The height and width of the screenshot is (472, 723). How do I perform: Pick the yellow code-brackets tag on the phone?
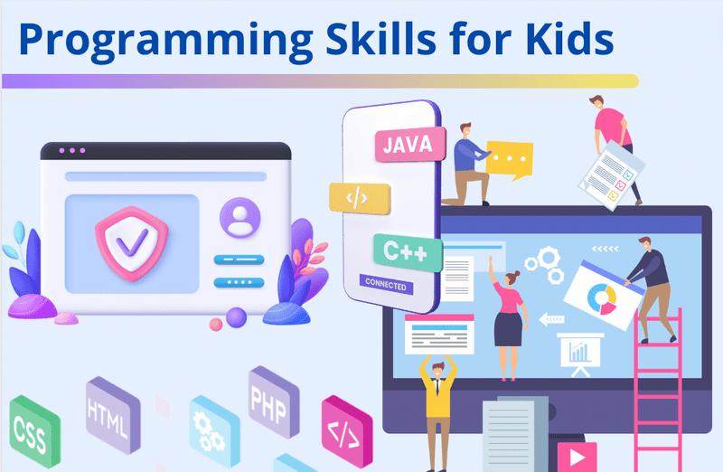pyautogui.click(x=360, y=198)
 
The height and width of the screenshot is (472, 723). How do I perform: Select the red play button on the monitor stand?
pyautogui.click(x=570, y=454)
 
